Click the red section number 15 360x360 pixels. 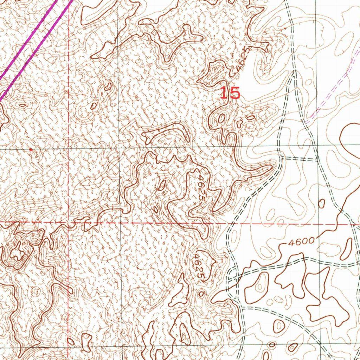tap(230, 94)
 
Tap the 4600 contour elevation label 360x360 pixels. tap(301, 242)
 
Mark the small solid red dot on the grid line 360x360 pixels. tap(31, 150)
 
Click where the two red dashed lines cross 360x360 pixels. tap(69, 222)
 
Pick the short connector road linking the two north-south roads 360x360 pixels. tap(299, 159)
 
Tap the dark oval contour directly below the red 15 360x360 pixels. tap(221, 118)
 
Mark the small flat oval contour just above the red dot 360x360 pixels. tap(22, 105)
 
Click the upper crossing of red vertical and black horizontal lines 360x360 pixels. tap(69, 149)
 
